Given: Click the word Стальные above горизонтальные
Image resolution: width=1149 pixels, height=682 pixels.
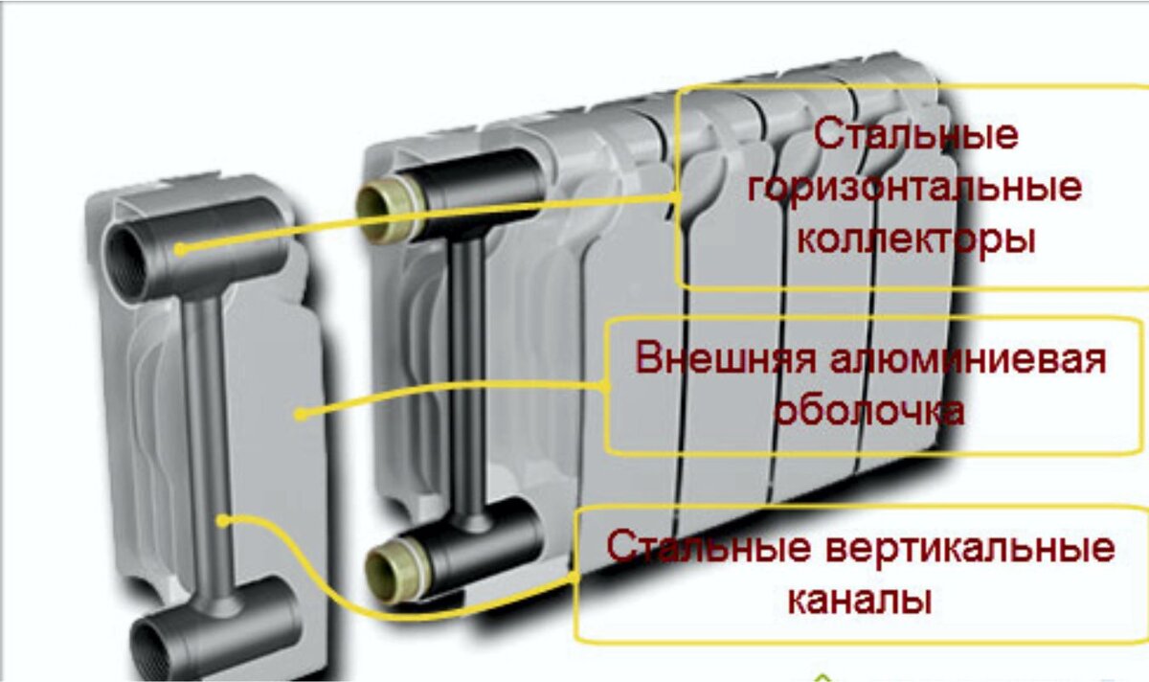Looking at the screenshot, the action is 915,135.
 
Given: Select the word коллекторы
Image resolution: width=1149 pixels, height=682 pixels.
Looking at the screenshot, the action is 916,240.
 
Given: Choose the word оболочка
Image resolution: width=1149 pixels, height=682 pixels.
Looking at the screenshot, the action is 870,411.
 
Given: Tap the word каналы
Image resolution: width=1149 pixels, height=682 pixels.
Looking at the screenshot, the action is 860,600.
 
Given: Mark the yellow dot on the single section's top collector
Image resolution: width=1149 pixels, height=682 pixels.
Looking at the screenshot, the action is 180,250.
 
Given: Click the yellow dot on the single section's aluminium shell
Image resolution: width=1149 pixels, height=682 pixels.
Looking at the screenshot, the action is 302,414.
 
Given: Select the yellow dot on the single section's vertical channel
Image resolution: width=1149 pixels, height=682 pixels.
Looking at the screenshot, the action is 222,521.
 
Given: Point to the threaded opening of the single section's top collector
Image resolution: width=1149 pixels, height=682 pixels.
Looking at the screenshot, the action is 124,265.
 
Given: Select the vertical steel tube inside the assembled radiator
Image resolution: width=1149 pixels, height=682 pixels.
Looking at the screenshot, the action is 468,382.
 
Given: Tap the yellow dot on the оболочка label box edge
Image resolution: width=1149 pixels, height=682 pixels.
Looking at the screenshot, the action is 605,386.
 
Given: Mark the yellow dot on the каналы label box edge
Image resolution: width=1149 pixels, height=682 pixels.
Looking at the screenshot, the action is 574,579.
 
